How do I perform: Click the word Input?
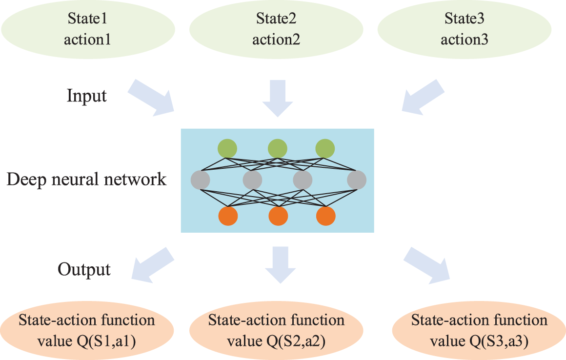point(87,96)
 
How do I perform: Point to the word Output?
point(84,269)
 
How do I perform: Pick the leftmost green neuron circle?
point(227,148)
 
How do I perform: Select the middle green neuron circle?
point(277,148)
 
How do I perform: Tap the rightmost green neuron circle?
point(325,148)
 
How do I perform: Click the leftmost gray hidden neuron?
point(201,180)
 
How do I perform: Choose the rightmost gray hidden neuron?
point(357,180)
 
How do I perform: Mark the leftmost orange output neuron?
point(228,216)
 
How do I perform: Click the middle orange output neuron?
point(278,216)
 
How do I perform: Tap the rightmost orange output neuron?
point(325,216)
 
